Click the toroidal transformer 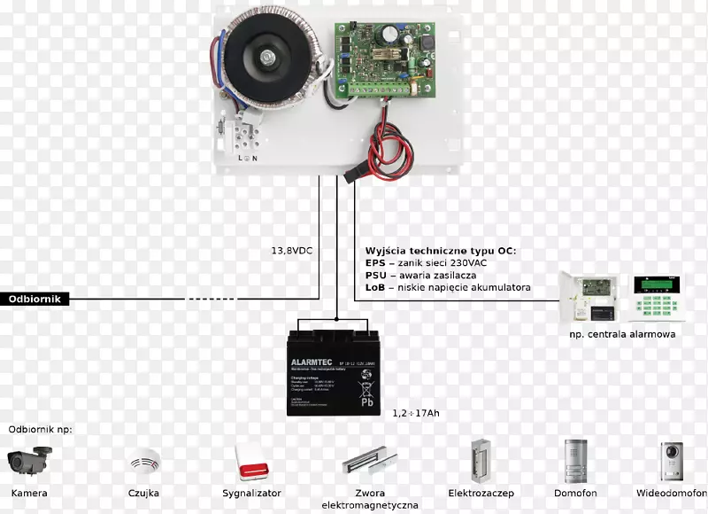point(267,57)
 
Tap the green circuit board point(382,57)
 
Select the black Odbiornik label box point(34,300)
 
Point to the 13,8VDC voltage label point(292,251)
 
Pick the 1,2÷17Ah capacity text point(417,413)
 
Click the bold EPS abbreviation point(375,263)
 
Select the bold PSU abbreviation point(375,276)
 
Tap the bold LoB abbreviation point(375,288)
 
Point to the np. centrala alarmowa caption point(622,334)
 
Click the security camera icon point(30,460)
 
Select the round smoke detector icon point(142,461)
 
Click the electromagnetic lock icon point(364,460)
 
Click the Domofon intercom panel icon point(576,460)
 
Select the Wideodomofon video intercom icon point(672,460)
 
